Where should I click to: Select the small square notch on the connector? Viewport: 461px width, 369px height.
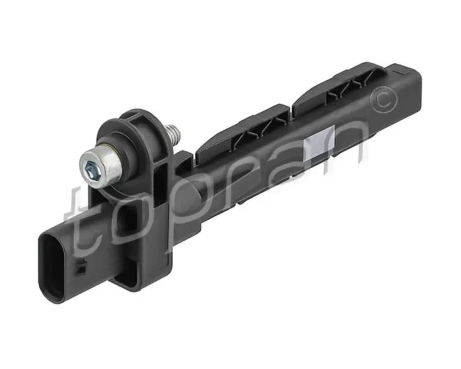[81, 268]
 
